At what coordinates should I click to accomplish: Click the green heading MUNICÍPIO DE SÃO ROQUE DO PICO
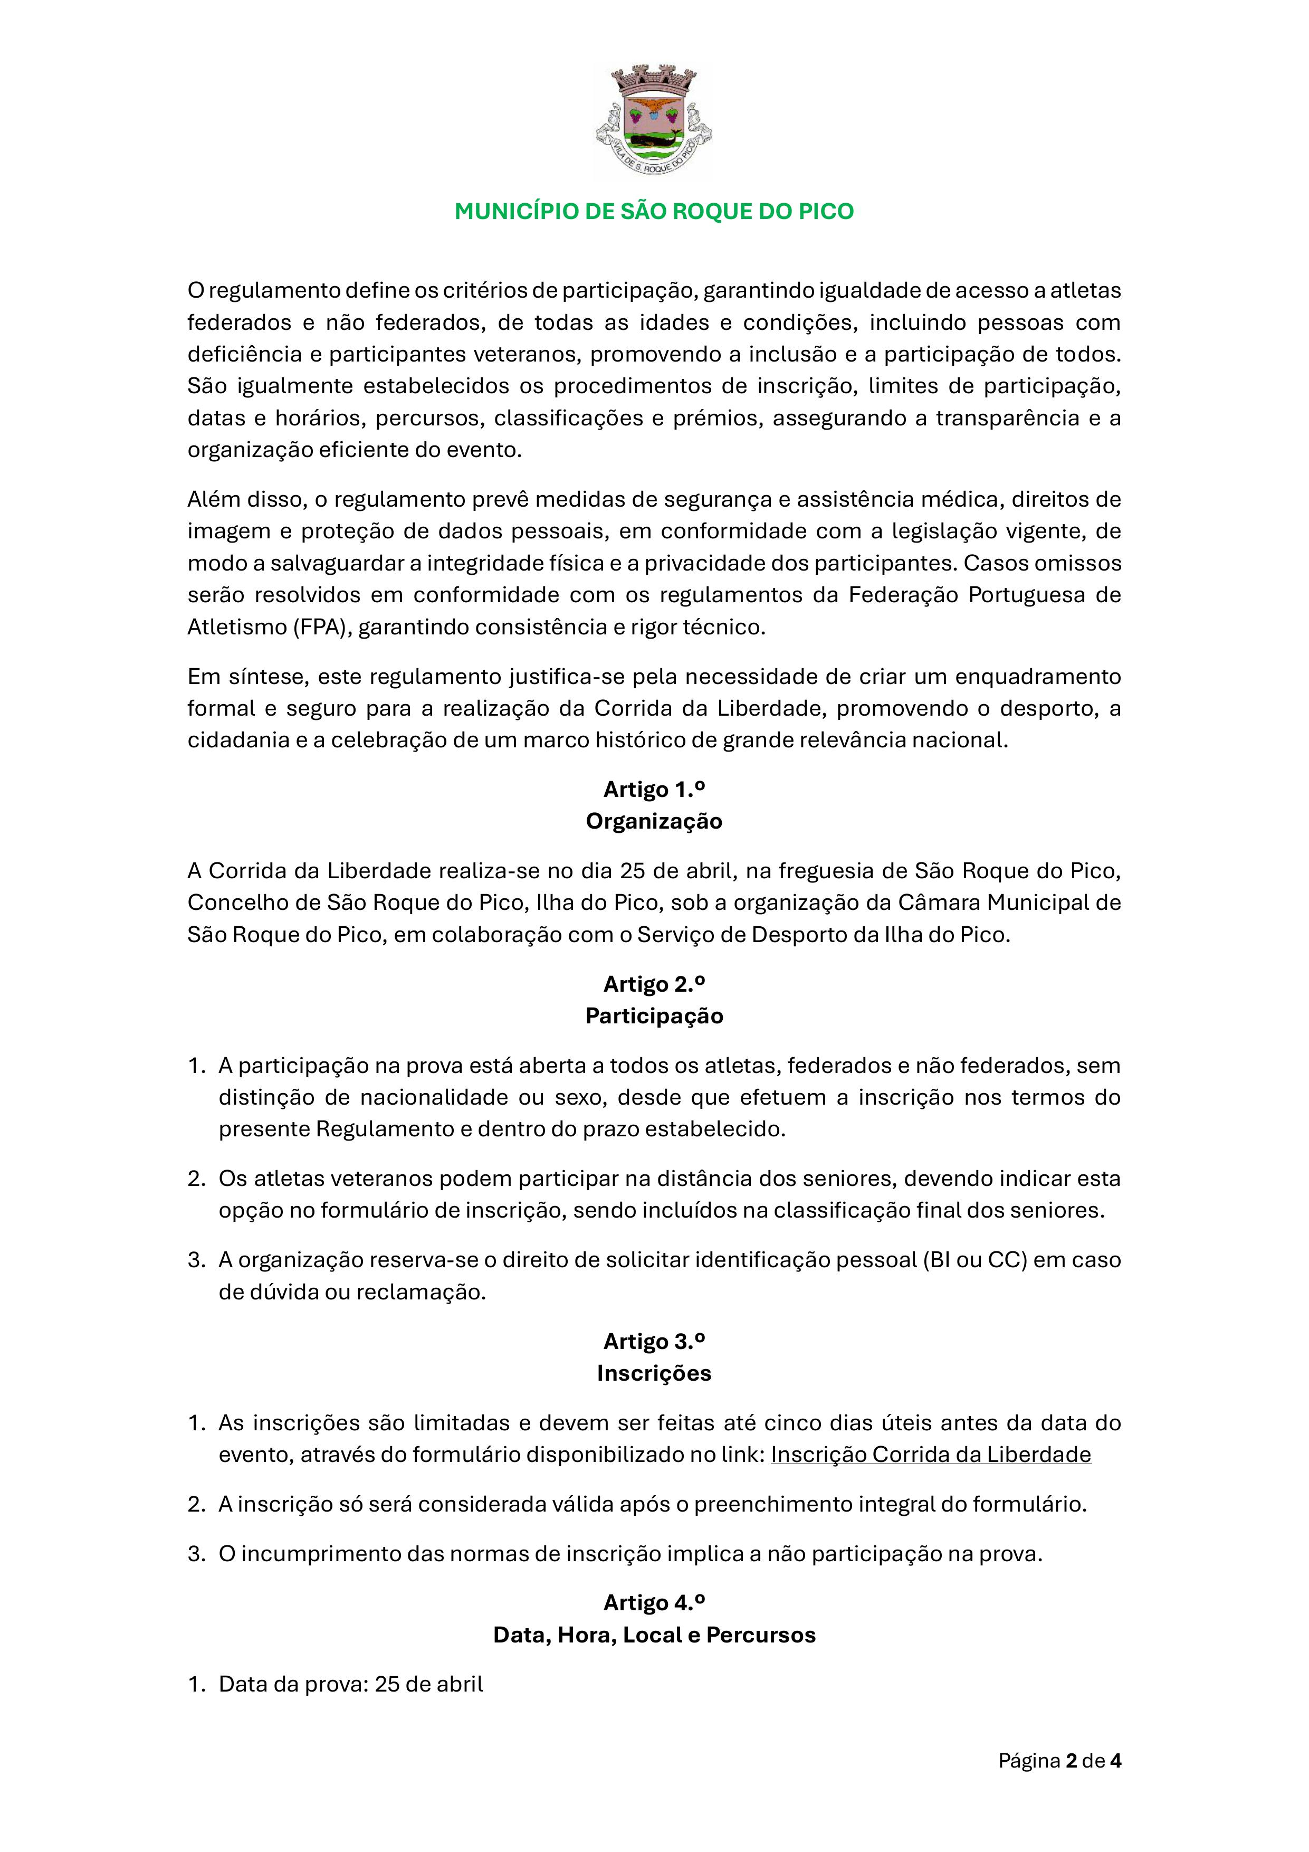pyautogui.click(x=654, y=211)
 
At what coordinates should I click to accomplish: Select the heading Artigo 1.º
pyautogui.click(x=654, y=789)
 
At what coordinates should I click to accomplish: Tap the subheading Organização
pyautogui.click(x=654, y=821)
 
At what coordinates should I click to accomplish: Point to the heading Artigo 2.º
pyautogui.click(x=654, y=984)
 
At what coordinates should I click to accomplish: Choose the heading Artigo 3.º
pyautogui.click(x=654, y=1342)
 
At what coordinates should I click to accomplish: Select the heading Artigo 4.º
pyautogui.click(x=654, y=1603)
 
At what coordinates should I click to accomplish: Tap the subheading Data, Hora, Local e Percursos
pyautogui.click(x=654, y=1635)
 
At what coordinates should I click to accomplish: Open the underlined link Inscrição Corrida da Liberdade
pyautogui.click(x=931, y=1455)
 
